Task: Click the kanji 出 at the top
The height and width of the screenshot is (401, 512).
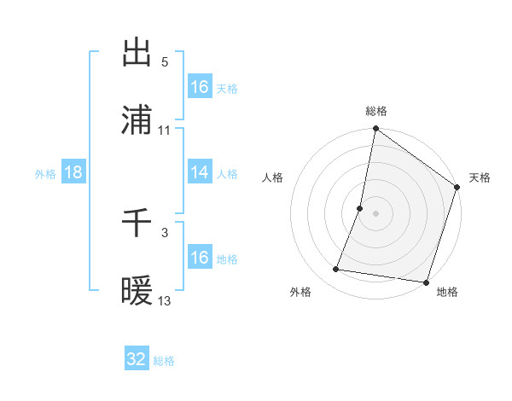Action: (x=137, y=53)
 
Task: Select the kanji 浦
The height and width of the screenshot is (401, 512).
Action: (x=137, y=120)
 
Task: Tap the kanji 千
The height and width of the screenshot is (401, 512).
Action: (x=137, y=224)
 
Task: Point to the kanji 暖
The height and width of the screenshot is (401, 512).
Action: (x=137, y=292)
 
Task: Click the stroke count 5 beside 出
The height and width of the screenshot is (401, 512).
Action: (x=165, y=62)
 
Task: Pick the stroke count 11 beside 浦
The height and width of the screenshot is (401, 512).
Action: (x=165, y=131)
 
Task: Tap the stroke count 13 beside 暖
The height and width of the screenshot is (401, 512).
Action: (x=165, y=301)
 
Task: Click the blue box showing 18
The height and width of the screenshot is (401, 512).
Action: (x=73, y=172)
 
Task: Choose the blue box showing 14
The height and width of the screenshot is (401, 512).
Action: (x=200, y=172)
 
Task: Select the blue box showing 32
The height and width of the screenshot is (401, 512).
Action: (x=137, y=359)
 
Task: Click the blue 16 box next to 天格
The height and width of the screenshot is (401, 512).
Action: (x=200, y=87)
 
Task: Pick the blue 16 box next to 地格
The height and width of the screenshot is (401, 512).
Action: (x=200, y=258)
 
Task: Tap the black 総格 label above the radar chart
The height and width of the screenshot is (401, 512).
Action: (x=376, y=112)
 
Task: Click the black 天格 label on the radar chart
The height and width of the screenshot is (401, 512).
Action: (x=480, y=177)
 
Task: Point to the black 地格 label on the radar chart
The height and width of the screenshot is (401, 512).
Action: (x=447, y=293)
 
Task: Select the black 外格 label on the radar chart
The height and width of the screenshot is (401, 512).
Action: (x=300, y=293)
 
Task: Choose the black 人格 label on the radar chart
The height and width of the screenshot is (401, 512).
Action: (x=272, y=177)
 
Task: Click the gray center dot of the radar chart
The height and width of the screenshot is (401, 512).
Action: (x=375, y=213)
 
